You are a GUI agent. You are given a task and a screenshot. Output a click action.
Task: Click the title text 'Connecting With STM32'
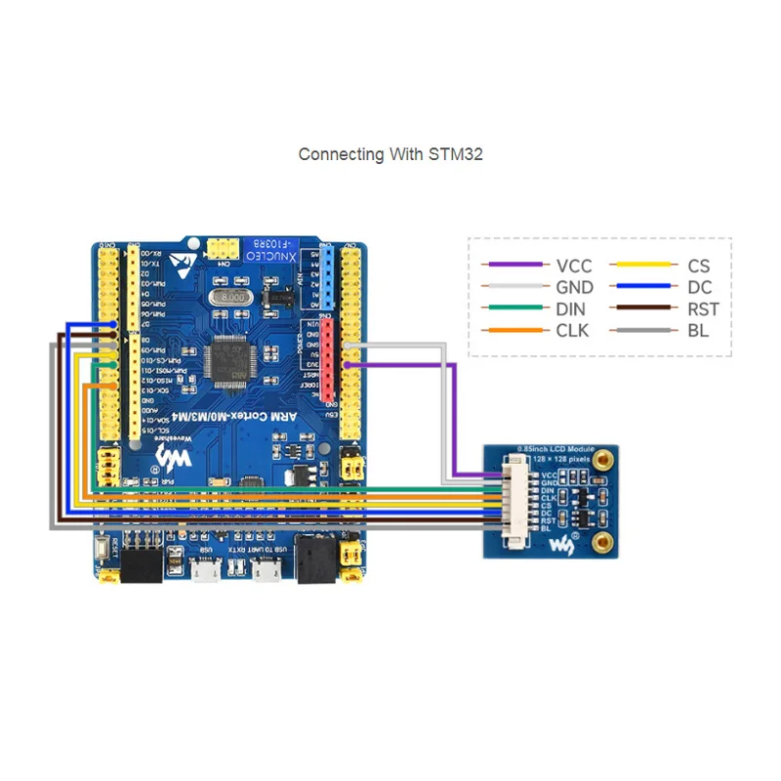[390, 154]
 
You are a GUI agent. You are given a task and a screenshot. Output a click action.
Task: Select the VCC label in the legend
[574, 266]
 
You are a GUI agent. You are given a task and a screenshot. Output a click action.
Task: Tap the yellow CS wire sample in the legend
[642, 265]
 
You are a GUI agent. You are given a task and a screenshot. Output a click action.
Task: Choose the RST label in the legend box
[703, 308]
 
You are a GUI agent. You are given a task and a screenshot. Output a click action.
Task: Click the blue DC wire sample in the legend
[642, 287]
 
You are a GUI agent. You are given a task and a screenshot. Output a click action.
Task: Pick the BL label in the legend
[698, 330]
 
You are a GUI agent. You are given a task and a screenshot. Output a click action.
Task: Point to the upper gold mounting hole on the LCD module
[605, 457]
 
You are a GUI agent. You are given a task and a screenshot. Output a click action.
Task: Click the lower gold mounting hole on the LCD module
[605, 540]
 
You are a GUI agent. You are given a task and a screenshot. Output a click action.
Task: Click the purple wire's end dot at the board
[349, 364]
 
